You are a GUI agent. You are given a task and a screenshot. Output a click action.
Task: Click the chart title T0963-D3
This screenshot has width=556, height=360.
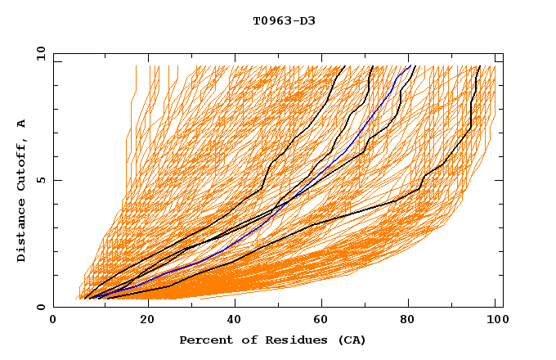point(284,20)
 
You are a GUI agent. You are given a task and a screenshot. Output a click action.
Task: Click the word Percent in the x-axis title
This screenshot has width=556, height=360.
point(202,340)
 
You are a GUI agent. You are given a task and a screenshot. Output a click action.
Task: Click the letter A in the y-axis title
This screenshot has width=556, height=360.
point(22,124)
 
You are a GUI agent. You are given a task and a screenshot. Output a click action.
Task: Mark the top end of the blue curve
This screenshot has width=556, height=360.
point(410,65)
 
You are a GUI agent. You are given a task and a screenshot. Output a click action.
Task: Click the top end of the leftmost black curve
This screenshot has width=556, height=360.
point(345,65)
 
